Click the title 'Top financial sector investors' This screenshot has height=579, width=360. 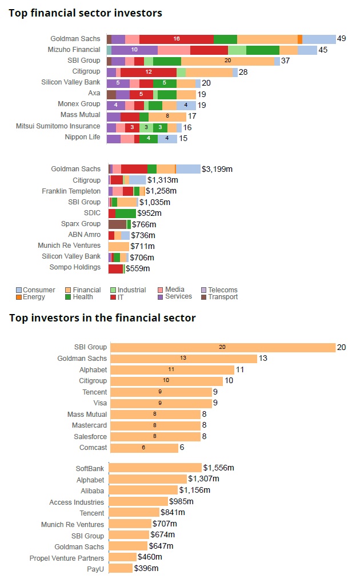point(85,13)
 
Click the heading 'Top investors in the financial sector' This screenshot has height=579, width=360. point(102,317)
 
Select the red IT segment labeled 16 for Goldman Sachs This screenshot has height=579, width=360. point(176,39)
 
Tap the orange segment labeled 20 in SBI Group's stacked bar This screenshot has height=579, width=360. point(227,61)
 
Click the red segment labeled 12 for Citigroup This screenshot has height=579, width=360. point(148,72)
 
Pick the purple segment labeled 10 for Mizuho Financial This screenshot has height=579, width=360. point(134,50)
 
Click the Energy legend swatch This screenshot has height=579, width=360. point(19,297)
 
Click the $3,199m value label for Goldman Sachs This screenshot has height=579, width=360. point(218,169)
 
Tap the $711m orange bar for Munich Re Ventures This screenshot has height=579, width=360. point(118,246)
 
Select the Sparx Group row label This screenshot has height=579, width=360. point(81,224)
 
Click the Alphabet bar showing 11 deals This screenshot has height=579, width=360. point(172,369)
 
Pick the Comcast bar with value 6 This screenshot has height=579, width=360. point(143,448)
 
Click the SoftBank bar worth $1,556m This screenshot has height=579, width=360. point(155,468)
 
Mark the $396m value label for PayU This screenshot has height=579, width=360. point(146,569)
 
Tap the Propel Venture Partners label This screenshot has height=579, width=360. point(67,558)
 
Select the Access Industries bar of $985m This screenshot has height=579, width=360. point(138,502)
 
